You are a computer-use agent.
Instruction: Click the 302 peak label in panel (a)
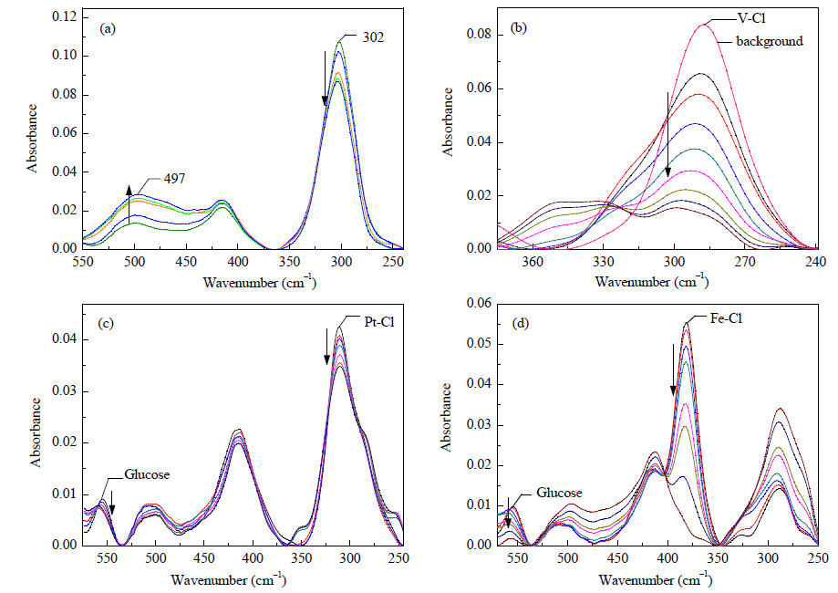pos(373,37)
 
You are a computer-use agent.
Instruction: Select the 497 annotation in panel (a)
pos(174,179)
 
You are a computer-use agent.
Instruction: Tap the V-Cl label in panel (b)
pos(752,18)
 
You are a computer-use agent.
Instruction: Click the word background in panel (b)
pos(770,41)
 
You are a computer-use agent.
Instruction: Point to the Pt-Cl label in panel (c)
pos(379,322)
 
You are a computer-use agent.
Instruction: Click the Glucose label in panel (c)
pos(147,474)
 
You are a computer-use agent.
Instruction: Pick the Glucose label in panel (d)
pos(559,493)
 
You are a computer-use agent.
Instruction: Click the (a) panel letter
pos(108,29)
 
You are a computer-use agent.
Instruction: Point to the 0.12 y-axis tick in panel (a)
pos(64,17)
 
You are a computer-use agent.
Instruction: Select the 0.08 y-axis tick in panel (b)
pos(479,35)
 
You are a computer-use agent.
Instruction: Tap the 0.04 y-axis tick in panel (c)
pos(64,339)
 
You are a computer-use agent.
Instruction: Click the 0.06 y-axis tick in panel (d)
pos(479,303)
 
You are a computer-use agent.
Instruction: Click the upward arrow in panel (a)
pos(129,204)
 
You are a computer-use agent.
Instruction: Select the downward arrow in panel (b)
pos(667,134)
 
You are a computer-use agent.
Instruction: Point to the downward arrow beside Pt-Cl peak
pos(327,347)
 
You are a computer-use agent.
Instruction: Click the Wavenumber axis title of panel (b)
pos(652,280)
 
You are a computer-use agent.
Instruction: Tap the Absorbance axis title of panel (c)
pos(36,432)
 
